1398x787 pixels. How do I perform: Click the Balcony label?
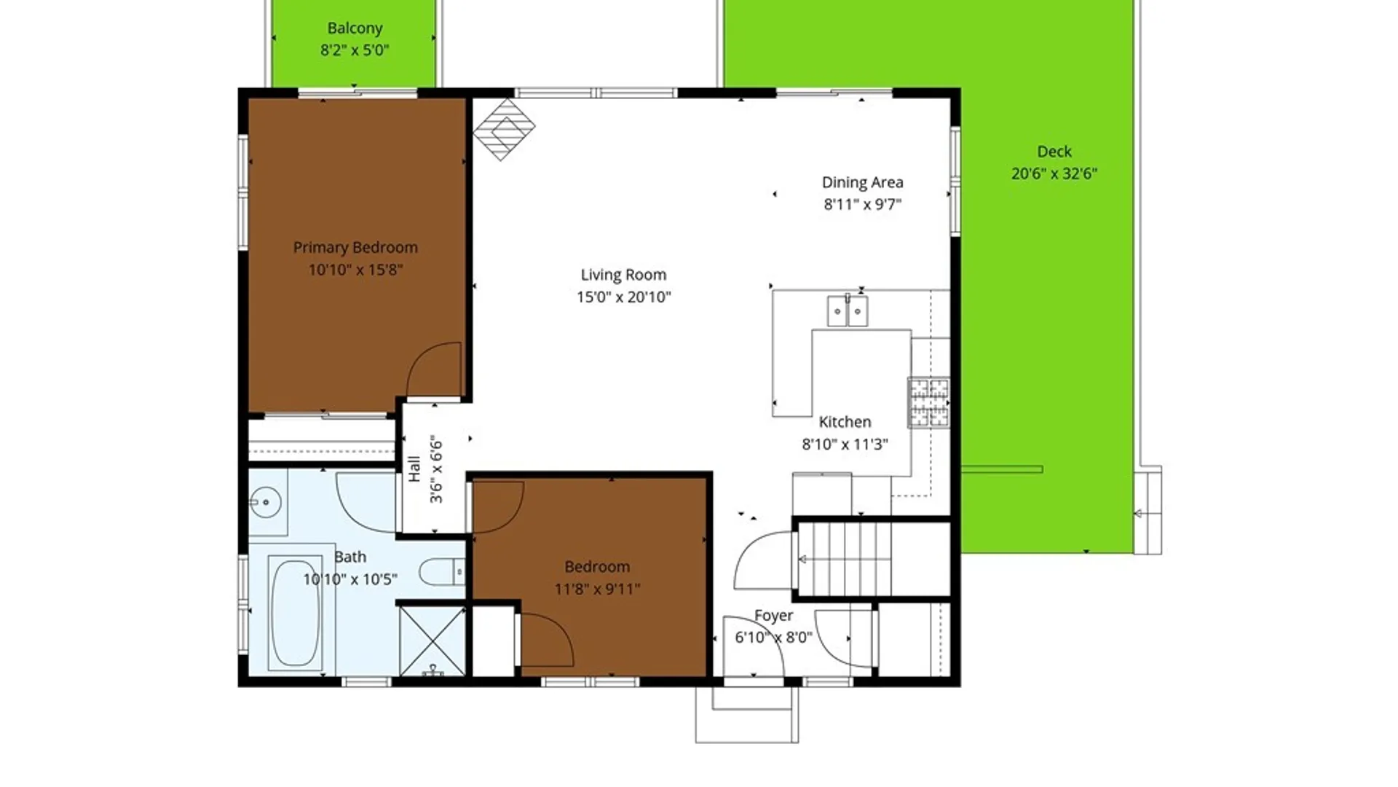355,28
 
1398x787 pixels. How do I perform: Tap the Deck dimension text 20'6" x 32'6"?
1054,173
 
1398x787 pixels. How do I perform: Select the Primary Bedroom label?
355,248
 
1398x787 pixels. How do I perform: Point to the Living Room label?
623,275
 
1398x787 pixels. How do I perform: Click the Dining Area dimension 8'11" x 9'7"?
862,205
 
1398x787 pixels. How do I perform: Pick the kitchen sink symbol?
848,311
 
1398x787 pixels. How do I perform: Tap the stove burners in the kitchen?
928,402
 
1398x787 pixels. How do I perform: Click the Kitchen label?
845,422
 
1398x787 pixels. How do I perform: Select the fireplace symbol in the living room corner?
504,130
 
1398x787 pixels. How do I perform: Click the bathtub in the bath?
295,612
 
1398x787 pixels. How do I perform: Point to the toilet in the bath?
441,572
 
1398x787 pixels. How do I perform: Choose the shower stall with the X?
432,641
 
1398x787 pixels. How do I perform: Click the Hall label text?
414,469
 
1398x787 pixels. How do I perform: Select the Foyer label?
773,616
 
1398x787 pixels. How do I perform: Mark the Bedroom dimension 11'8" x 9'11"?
597,589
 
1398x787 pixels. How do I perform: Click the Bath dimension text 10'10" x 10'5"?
350,579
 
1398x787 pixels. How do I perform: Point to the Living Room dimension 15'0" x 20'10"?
623,297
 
